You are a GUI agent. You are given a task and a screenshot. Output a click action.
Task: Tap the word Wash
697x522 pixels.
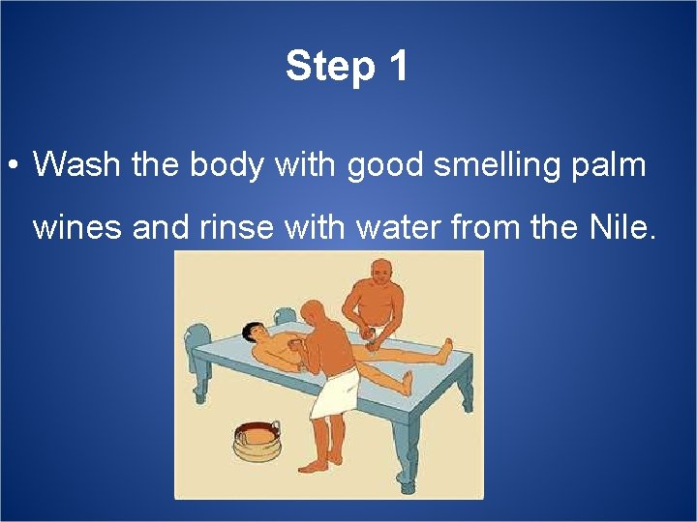[78, 165]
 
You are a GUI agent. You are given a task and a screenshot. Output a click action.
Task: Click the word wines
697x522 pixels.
[77, 229]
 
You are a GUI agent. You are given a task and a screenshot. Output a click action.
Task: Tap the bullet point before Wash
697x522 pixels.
[12, 166]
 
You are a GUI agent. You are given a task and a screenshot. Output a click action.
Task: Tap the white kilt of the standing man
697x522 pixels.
[333, 395]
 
